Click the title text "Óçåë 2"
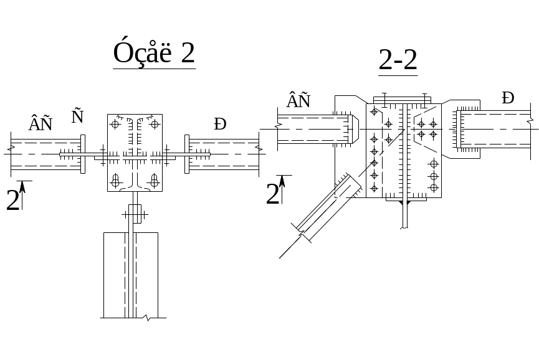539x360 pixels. (154, 53)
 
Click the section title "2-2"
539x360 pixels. (398, 60)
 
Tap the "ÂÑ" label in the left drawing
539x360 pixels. (41, 124)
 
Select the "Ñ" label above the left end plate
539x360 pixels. (77, 116)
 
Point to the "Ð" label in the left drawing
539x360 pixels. (219, 124)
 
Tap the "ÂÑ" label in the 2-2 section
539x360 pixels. (298, 100)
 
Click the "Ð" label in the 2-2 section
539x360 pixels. (508, 98)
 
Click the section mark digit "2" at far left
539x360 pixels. (12, 201)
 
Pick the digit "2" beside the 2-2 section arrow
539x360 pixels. (272, 195)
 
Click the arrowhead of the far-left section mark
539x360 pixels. (22, 185)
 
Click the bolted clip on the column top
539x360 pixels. (135, 214)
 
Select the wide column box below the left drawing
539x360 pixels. (130, 274)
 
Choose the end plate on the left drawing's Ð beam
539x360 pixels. (186, 154)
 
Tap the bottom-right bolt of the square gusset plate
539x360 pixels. (154, 181)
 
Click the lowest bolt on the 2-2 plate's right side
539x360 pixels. (434, 187)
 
